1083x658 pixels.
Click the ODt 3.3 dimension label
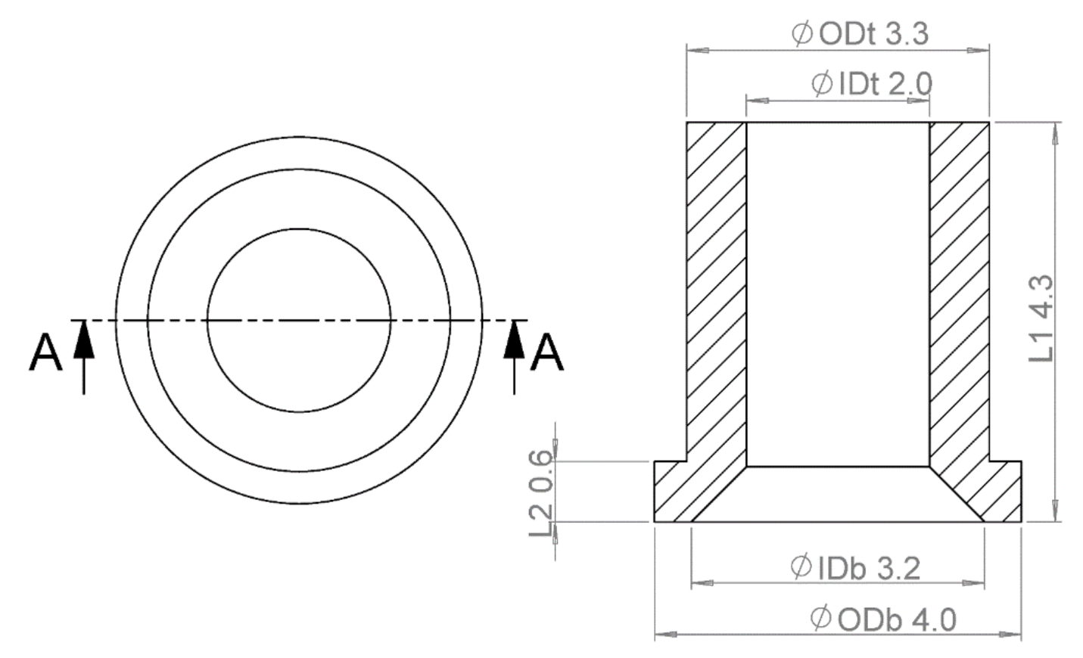tap(860, 34)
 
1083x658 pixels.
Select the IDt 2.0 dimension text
tap(871, 84)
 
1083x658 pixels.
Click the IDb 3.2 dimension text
tap(855, 567)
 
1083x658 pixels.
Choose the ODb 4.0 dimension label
tap(882, 619)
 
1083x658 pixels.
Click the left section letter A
tap(45, 353)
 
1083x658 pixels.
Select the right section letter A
tap(546, 353)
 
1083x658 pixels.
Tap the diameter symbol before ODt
tap(802, 34)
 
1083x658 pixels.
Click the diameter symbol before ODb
tap(820, 619)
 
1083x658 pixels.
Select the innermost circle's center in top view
tap(299, 321)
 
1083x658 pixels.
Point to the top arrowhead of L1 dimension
tap(1054, 132)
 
